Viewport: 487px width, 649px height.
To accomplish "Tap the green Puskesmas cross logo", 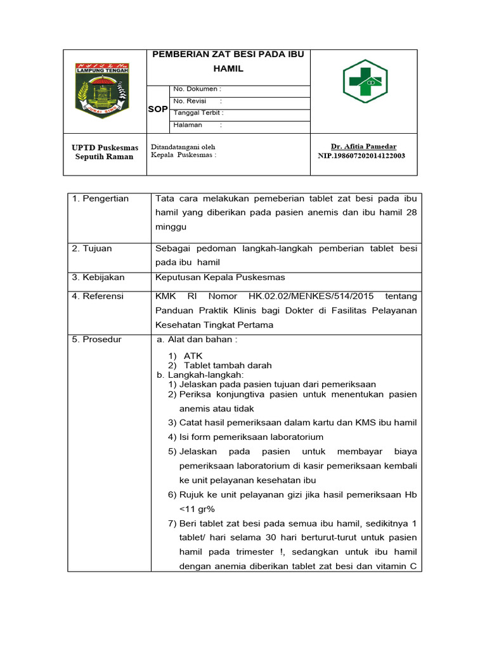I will [x=365, y=82].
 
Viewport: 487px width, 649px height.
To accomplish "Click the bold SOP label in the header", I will [x=158, y=109].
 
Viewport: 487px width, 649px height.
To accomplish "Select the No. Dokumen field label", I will [x=197, y=89].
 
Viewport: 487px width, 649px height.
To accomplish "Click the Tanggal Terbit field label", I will [x=198, y=113].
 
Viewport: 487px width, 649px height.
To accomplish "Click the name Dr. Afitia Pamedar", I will [x=363, y=146].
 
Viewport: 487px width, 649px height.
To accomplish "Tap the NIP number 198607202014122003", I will [x=361, y=155].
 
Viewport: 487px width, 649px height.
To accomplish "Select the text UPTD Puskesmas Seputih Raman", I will [x=105, y=152].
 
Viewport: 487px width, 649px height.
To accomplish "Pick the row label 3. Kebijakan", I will [x=98, y=277].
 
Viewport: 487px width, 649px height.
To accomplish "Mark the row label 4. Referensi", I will [x=98, y=296].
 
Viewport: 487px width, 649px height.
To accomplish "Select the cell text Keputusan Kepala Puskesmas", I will [x=220, y=277].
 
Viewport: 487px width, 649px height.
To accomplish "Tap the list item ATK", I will [x=193, y=356].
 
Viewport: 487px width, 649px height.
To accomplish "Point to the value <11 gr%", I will [x=199, y=508].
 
